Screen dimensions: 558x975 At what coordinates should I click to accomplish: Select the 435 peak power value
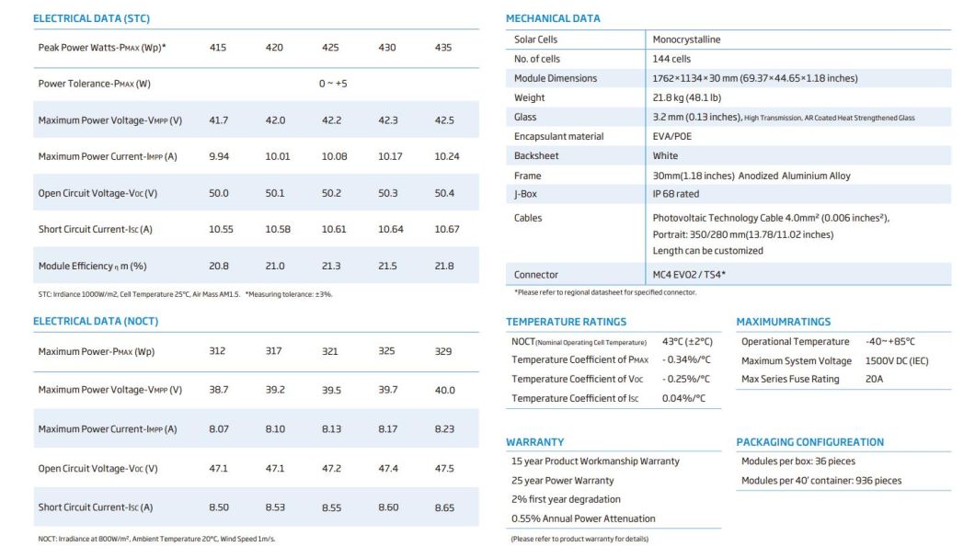(442, 47)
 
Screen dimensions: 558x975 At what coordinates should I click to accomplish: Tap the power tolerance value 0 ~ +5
(333, 84)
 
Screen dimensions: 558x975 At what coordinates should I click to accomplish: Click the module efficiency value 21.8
(443, 266)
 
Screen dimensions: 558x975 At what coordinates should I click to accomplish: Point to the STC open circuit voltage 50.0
(219, 193)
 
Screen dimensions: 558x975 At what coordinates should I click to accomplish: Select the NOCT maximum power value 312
(219, 351)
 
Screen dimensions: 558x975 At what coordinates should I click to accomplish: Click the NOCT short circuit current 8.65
(443, 507)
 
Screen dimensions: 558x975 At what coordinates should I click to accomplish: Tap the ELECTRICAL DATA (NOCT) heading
(96, 322)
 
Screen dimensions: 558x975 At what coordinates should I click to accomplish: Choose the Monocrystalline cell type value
(686, 40)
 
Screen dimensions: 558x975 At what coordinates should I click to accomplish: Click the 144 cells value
(671, 59)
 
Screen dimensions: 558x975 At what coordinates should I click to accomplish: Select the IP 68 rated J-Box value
(676, 195)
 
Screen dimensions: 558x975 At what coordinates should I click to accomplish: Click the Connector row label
(535, 275)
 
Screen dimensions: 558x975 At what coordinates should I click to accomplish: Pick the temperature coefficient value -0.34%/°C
(686, 359)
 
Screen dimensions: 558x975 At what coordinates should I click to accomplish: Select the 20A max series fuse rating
(874, 379)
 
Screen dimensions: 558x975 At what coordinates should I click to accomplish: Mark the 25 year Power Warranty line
(562, 480)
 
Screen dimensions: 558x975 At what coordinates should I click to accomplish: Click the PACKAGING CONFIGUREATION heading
(809, 442)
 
